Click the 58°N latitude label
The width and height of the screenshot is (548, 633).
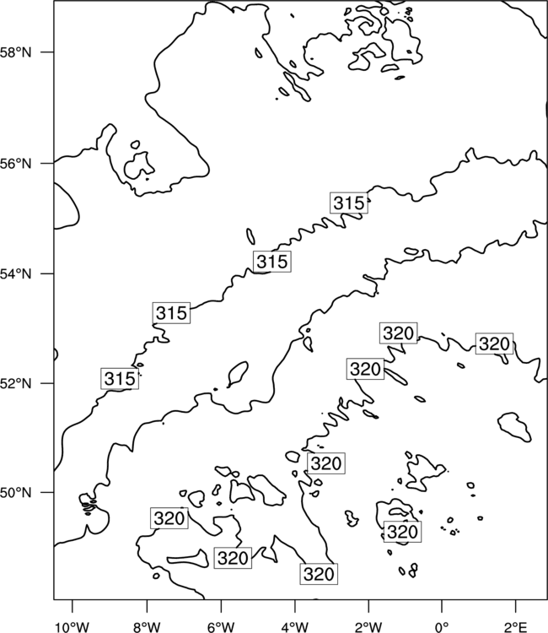click(x=16, y=52)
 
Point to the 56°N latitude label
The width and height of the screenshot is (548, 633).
click(x=16, y=164)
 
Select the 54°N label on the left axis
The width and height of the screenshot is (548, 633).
click(x=16, y=274)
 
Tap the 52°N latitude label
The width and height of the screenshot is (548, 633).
click(x=16, y=383)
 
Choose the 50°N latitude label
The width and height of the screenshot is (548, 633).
click(x=16, y=493)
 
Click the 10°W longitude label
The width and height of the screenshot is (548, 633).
click(x=73, y=627)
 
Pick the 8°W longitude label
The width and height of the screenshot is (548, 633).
click(x=147, y=627)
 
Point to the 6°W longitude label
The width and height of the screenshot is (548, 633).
click(x=221, y=627)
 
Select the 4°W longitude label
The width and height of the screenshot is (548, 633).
click(x=295, y=627)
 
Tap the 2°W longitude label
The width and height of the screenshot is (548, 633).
click(x=368, y=627)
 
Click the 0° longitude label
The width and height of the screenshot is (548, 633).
click(x=443, y=627)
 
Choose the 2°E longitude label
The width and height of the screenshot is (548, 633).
click(x=516, y=627)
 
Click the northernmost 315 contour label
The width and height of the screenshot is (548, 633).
click(x=349, y=203)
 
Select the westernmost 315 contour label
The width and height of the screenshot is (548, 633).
click(x=120, y=379)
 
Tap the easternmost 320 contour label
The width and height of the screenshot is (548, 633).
click(x=494, y=344)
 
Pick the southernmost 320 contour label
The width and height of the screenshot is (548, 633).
click(x=319, y=574)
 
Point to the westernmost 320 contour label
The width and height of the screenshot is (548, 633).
click(x=169, y=518)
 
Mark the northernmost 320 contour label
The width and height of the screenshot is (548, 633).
click(x=399, y=333)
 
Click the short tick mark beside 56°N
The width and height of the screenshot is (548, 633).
click(x=46, y=164)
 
